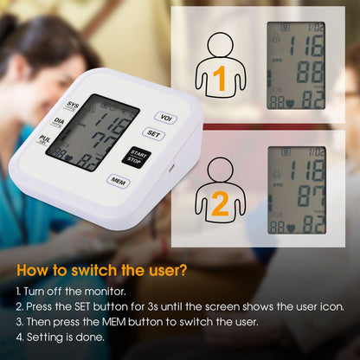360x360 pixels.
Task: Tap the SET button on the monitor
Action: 154,134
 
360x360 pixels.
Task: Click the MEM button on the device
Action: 118,181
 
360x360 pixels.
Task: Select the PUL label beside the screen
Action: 45,139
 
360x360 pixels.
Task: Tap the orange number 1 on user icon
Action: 220,78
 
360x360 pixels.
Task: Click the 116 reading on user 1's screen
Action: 307,47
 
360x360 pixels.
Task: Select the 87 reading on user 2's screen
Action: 309,196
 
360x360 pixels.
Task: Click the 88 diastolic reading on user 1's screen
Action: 309,73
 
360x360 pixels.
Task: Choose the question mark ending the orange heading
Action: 183,270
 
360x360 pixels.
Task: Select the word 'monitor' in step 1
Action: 95,292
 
